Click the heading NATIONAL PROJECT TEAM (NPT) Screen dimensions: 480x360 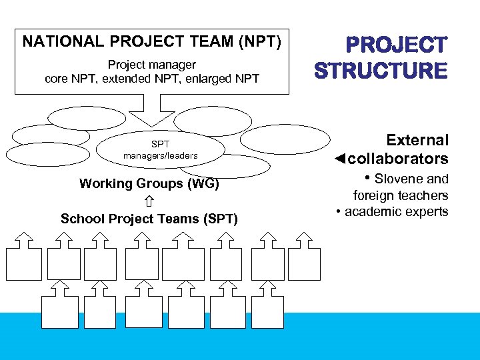click(x=152, y=41)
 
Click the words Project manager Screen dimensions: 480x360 click(x=152, y=65)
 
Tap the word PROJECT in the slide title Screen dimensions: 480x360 click(x=396, y=45)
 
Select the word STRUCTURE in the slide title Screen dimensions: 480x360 click(x=381, y=71)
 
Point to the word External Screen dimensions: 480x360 click(x=417, y=140)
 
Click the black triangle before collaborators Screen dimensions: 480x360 click(x=339, y=159)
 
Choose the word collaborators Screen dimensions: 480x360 click(x=398, y=159)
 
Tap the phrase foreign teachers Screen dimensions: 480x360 click(x=401, y=195)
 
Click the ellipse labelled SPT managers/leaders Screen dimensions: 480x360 click(x=160, y=150)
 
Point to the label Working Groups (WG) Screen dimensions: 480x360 click(x=149, y=183)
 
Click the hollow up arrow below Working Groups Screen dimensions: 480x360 click(x=149, y=201)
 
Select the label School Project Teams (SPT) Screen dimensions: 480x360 click(x=149, y=219)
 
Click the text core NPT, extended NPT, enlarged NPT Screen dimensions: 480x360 click(x=152, y=79)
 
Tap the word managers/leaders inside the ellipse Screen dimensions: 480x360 click(x=161, y=156)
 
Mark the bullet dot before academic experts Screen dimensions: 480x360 click(x=339, y=212)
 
